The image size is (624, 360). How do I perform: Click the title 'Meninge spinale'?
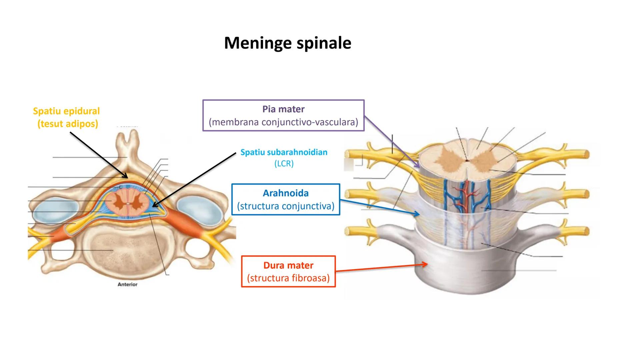tap(287, 43)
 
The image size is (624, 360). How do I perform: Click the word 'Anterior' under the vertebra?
tap(127, 284)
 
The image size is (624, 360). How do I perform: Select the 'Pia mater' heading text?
tap(283, 109)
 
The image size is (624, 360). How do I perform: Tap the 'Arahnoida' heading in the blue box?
tap(286, 193)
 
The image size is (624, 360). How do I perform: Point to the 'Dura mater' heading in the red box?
tap(288, 265)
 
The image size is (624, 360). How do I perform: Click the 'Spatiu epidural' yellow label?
tap(66, 111)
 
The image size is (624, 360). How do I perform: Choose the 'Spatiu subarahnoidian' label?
tap(284, 152)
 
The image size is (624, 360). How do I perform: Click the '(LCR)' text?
tap(284, 164)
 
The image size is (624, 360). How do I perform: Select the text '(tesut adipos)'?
tap(68, 124)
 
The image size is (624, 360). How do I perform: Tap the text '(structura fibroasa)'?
tap(288, 278)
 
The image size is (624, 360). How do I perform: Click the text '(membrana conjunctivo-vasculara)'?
tap(283, 122)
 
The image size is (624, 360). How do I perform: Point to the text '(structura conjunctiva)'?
tap(286, 206)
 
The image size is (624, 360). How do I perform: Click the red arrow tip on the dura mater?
tap(427, 264)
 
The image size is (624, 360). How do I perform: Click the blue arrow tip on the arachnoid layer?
tap(419, 214)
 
